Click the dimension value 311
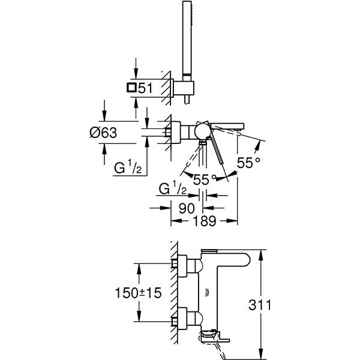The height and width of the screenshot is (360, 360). [x=260, y=305]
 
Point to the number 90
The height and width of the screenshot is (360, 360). [x=187, y=209]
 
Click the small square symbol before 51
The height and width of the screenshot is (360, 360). [x=131, y=88]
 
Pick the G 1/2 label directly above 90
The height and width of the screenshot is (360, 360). [x=170, y=190]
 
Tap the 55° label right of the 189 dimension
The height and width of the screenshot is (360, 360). [x=250, y=162]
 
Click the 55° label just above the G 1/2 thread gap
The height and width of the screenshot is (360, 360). [x=205, y=178]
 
